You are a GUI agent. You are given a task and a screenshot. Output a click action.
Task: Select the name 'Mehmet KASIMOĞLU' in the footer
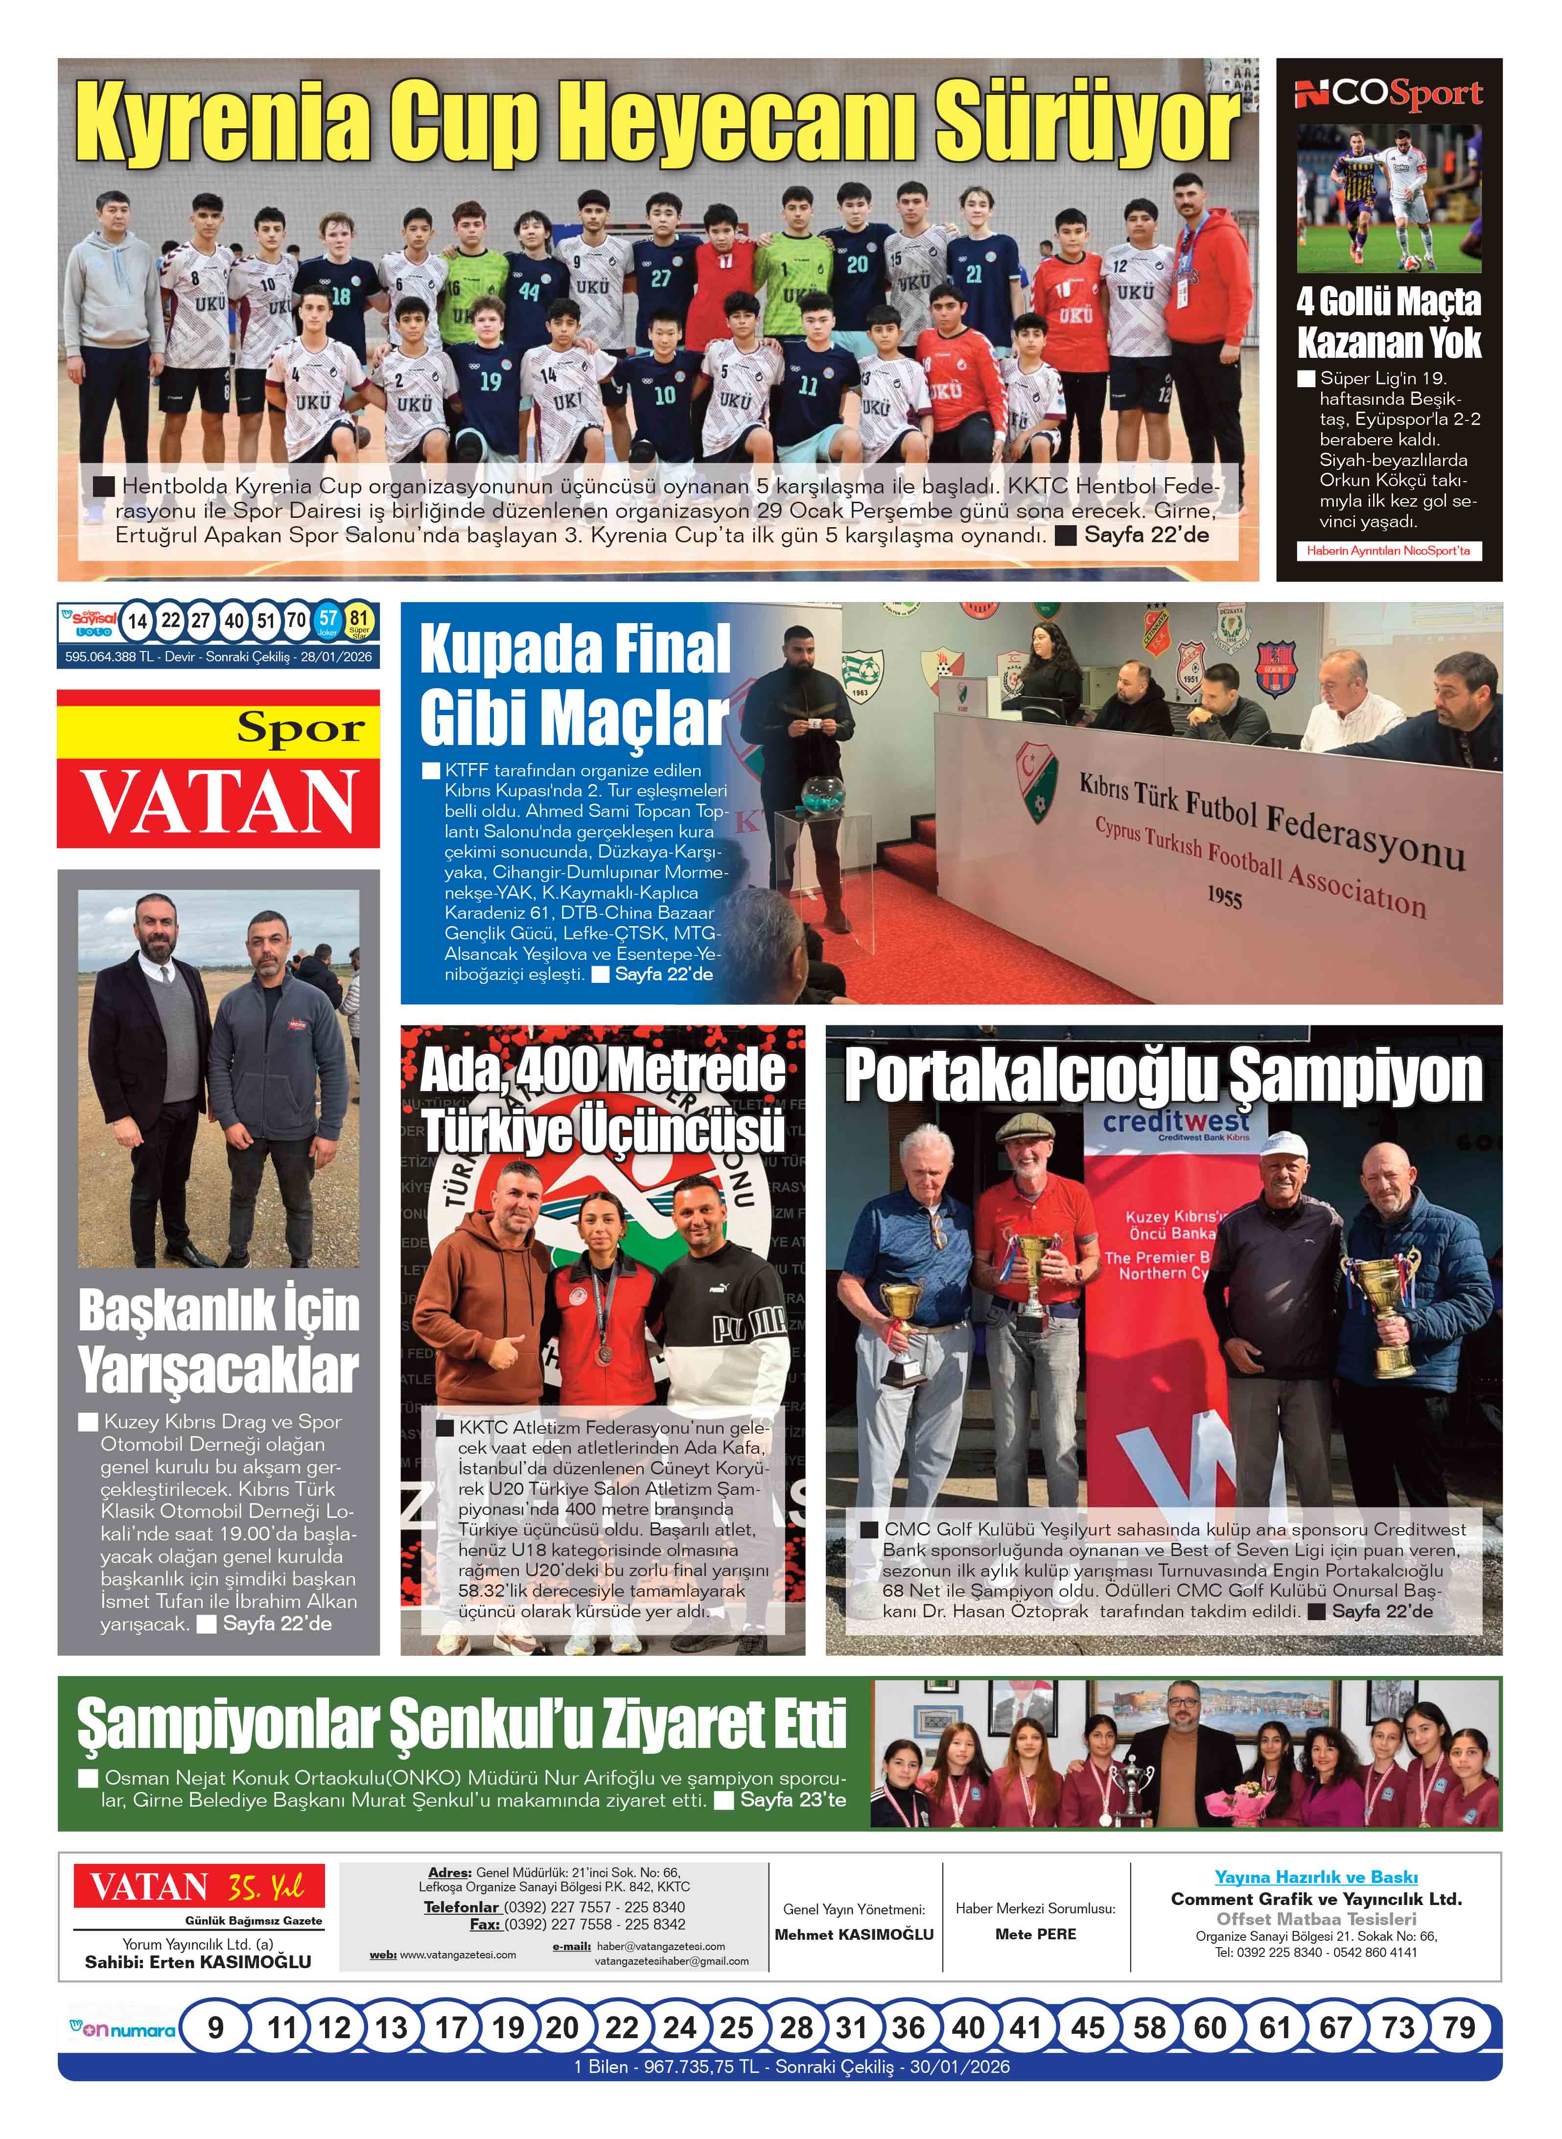[854, 1934]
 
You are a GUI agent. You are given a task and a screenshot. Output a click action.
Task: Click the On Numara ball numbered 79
[1458, 2026]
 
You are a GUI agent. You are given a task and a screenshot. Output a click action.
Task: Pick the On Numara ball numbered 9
[215, 2026]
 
